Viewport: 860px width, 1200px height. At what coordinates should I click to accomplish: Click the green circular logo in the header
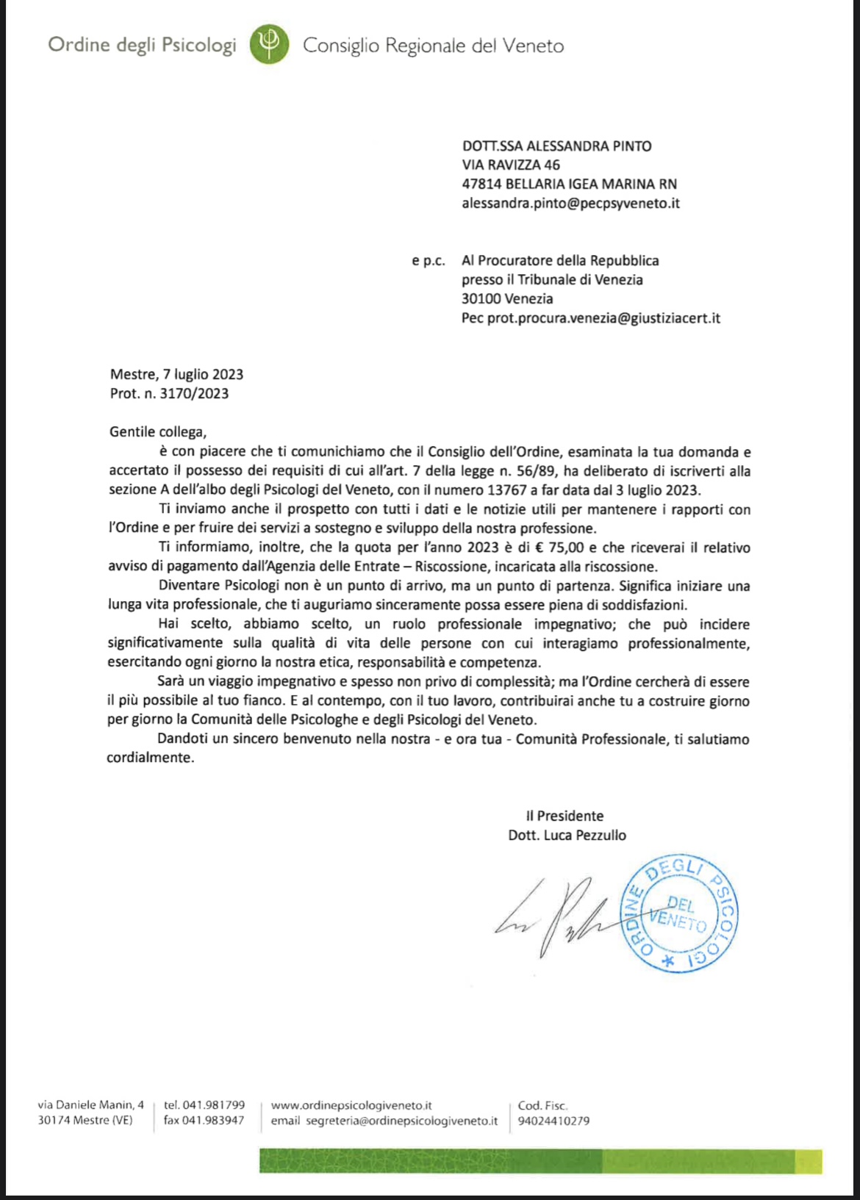click(269, 44)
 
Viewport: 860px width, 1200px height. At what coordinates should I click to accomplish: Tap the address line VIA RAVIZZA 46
click(511, 165)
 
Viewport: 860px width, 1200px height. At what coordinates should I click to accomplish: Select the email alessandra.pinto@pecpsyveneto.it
click(570, 204)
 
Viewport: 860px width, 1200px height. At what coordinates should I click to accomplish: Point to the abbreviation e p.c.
click(428, 261)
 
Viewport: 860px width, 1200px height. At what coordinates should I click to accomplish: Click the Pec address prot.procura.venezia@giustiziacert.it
click(603, 318)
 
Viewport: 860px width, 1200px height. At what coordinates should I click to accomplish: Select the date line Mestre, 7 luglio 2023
click(176, 375)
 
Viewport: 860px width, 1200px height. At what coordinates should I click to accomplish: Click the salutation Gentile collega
click(158, 432)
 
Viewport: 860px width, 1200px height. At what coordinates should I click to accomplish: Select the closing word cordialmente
click(151, 758)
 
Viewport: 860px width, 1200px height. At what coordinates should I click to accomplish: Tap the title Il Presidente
click(565, 816)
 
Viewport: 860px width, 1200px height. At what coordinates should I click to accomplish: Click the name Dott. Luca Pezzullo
click(567, 835)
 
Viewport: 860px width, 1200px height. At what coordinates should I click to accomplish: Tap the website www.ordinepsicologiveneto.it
click(351, 1105)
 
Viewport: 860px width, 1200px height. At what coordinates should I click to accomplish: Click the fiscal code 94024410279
click(553, 1121)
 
